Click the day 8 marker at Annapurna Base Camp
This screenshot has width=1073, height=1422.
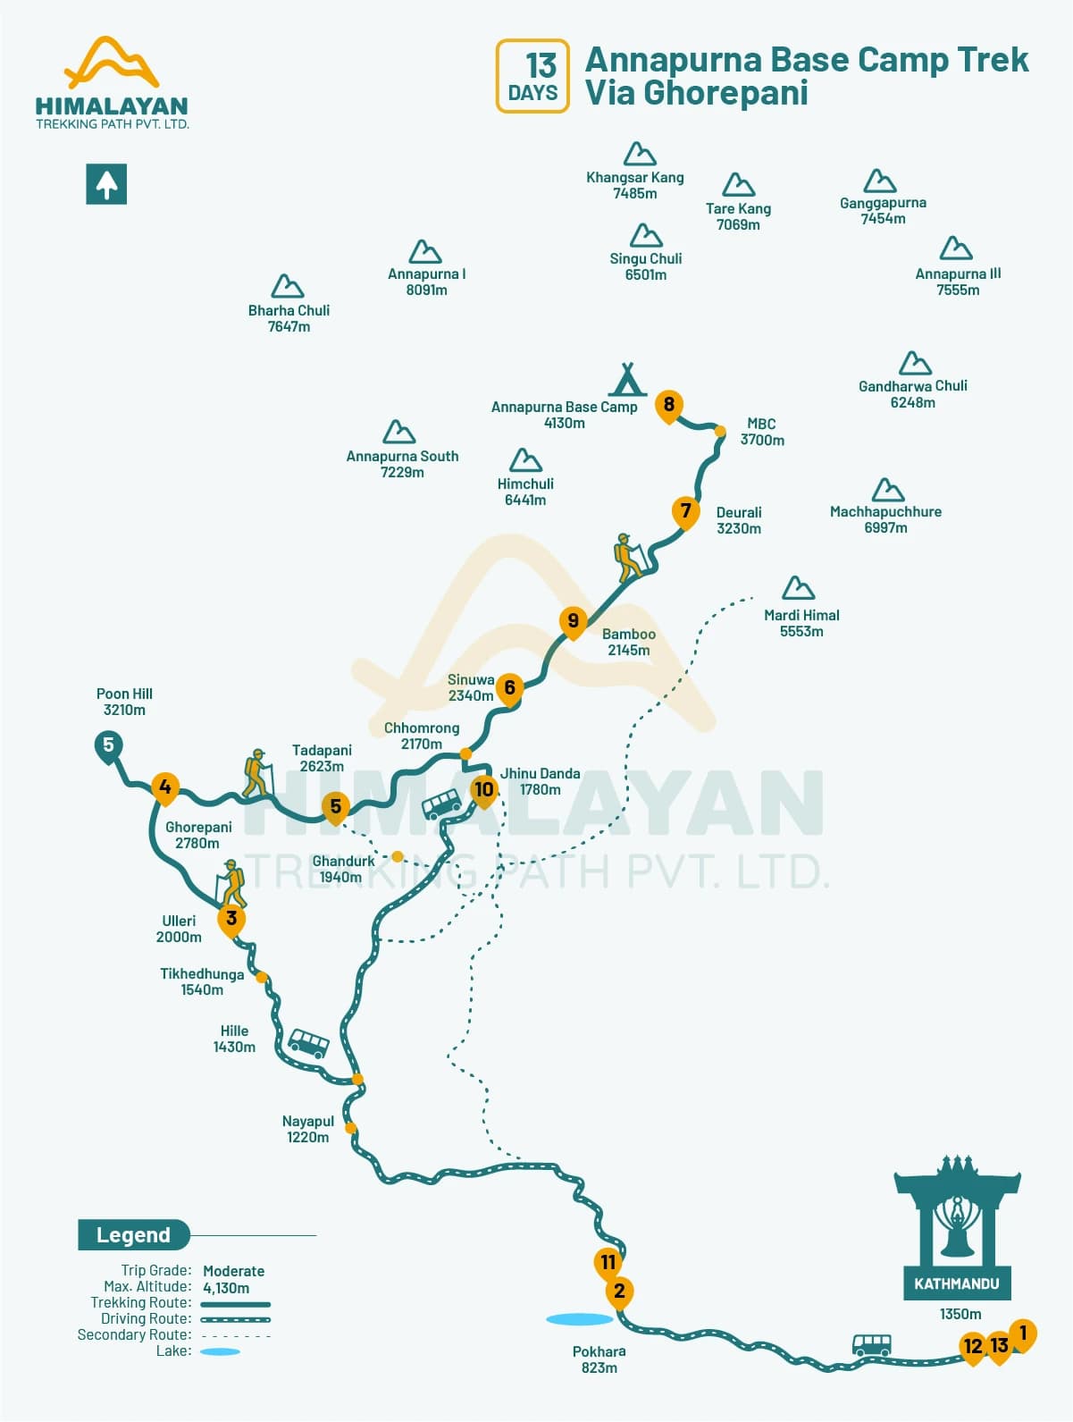pos(668,405)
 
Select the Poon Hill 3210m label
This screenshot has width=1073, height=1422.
pos(124,702)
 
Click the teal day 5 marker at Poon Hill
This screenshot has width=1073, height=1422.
pos(108,745)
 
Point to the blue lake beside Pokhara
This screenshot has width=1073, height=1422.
pos(579,1318)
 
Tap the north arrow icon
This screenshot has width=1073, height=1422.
pos(106,184)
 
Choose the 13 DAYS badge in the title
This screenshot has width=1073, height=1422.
pos(532,76)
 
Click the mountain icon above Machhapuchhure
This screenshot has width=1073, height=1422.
pos(887,490)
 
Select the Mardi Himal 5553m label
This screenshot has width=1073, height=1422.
pos(801,623)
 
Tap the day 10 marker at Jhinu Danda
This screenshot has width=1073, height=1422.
pos(483,789)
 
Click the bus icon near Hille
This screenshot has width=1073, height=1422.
pos(308,1043)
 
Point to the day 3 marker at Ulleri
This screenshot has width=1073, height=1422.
pos(231,919)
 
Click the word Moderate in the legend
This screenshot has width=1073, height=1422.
pos(233,1271)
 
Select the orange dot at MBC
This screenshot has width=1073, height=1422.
pos(720,432)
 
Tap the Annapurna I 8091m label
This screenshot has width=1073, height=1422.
pos(426,282)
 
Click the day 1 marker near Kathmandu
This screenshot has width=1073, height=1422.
pos(1022,1334)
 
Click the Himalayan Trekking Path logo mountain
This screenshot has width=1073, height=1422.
pos(112,63)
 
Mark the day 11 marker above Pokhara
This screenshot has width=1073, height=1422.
pos(608,1262)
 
